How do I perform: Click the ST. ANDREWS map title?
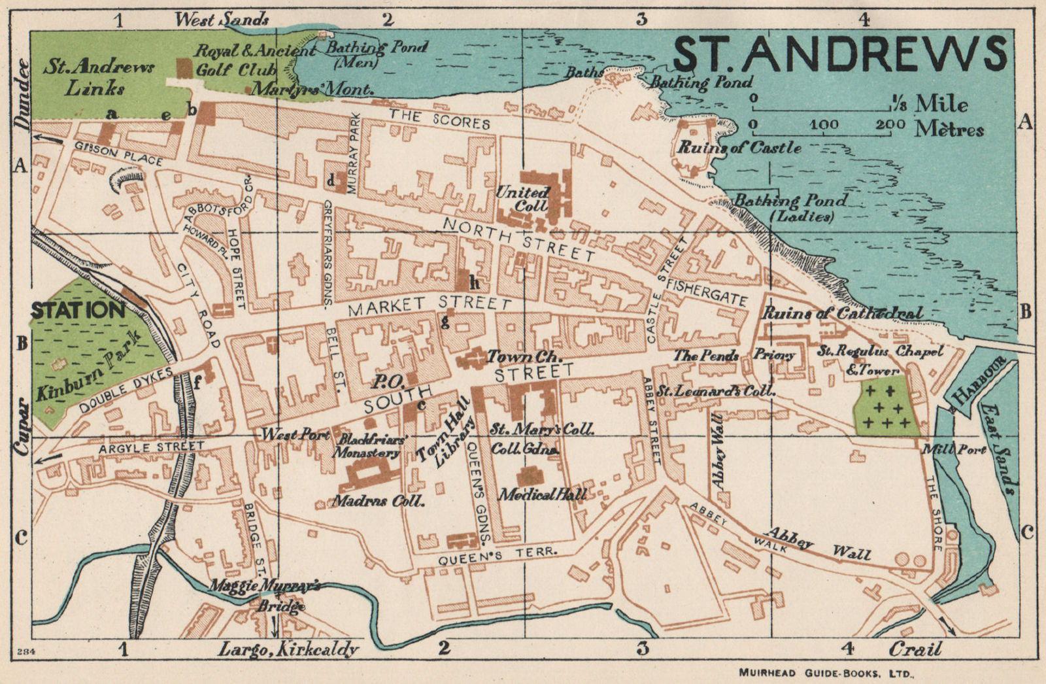pyautogui.click(x=840, y=54)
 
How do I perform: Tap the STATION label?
pyautogui.click(x=78, y=310)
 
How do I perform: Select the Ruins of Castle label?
pyautogui.click(x=738, y=148)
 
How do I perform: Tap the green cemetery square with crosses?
pyautogui.click(x=886, y=407)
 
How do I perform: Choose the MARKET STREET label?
pyautogui.click(x=430, y=304)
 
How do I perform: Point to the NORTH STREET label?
pyautogui.click(x=519, y=239)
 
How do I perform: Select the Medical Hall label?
pyautogui.click(x=542, y=494)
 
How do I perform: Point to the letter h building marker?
pyautogui.click(x=474, y=283)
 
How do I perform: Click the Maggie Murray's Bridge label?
pyautogui.click(x=264, y=595)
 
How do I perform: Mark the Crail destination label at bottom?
pyautogui.click(x=915, y=649)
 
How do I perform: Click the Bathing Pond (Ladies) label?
pyautogui.click(x=791, y=208)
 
